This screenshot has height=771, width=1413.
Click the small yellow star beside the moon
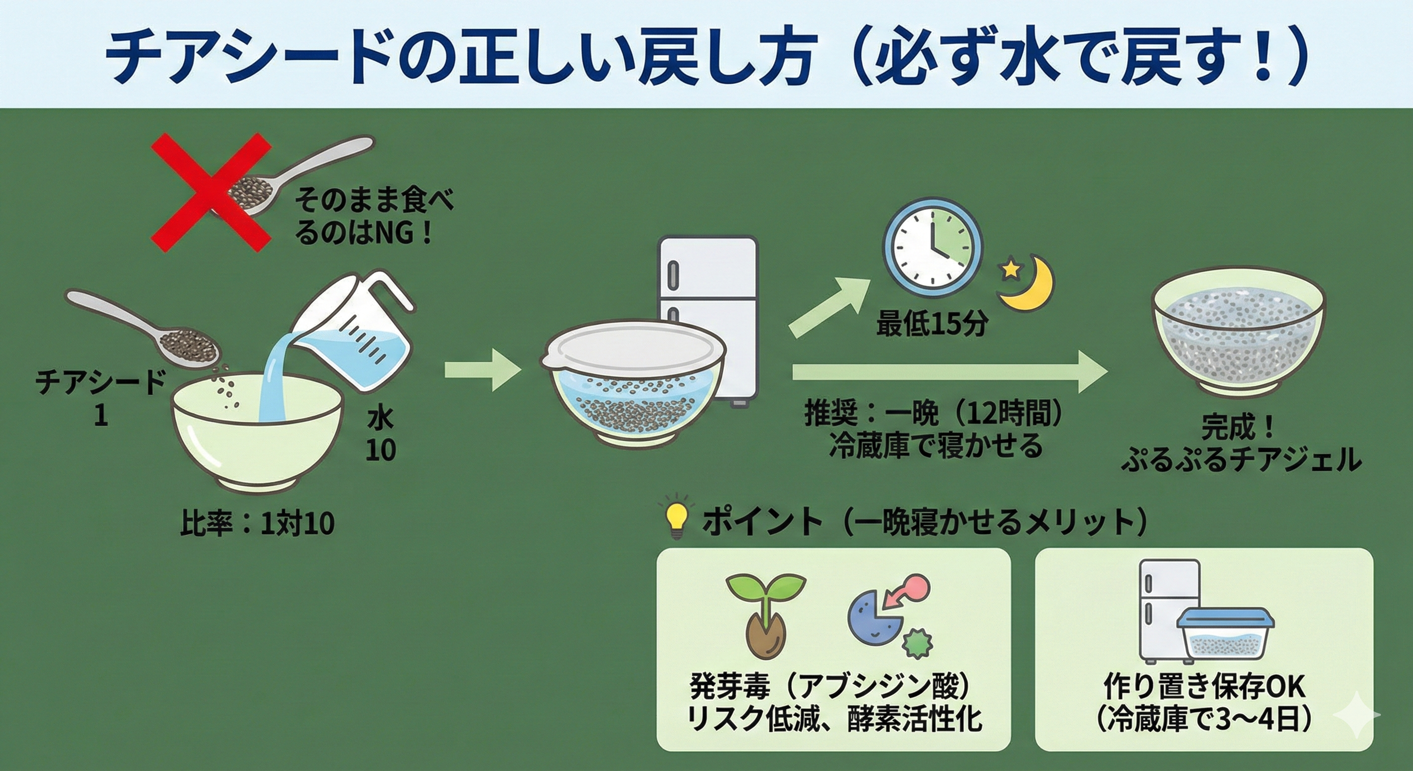1011,269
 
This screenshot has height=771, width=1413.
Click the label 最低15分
932,324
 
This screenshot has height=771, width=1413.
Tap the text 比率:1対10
257,524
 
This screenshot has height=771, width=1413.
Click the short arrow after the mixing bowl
482,371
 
